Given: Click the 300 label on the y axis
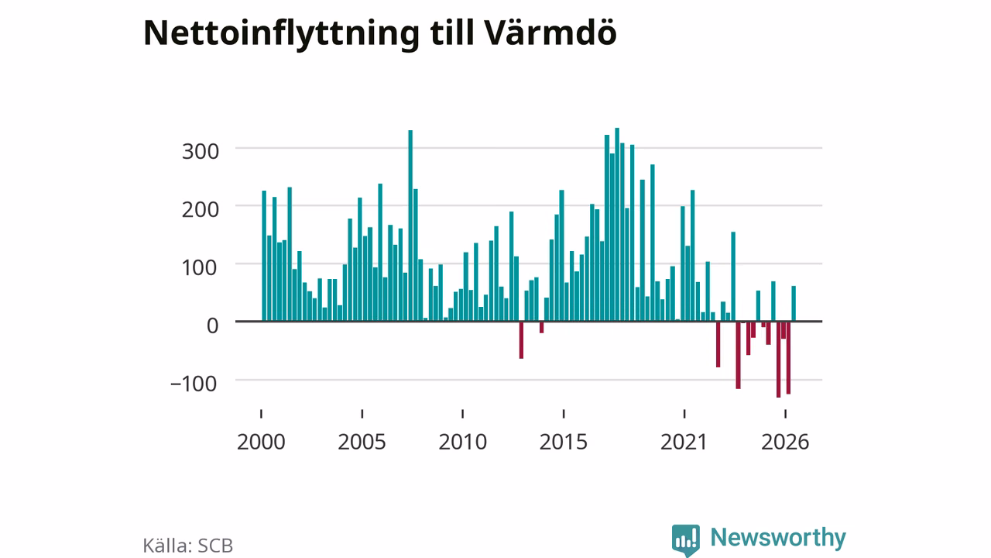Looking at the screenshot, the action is [x=201, y=152].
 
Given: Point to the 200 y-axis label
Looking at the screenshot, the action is [x=201, y=209].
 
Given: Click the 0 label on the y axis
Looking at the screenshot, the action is [x=213, y=326].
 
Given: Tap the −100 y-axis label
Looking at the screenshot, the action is [x=194, y=384].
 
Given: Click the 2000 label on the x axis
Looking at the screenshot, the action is [x=261, y=442].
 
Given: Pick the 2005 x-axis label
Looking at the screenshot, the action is [x=362, y=442].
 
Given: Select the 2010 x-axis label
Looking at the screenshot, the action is [x=463, y=442].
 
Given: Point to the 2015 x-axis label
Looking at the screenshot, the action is [x=564, y=442].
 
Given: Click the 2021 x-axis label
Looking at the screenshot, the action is [x=684, y=442].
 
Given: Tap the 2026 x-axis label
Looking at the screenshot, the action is [x=785, y=442].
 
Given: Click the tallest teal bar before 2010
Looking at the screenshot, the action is [x=410, y=226].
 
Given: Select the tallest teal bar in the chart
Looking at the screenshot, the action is [x=617, y=225].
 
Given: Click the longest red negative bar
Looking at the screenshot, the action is [x=779, y=360].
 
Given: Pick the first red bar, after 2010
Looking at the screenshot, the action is [x=522, y=340].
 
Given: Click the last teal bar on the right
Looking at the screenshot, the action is [x=794, y=304].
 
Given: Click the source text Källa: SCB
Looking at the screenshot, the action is [x=188, y=545].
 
